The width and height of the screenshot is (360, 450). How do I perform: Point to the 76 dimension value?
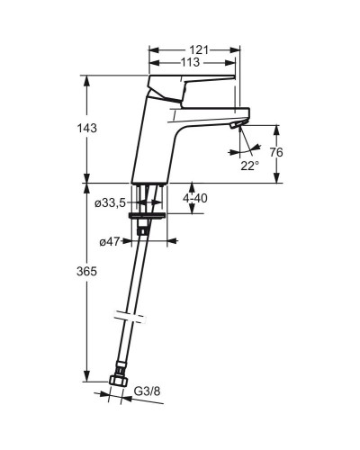tap(276, 153)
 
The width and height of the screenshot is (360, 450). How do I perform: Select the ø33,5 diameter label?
tap(112, 202)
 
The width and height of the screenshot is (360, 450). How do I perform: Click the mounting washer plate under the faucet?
tap(146, 217)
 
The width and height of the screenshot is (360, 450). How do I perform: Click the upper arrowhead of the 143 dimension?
tap(86, 79)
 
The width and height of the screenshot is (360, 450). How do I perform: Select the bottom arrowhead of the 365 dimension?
tap(86, 378)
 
